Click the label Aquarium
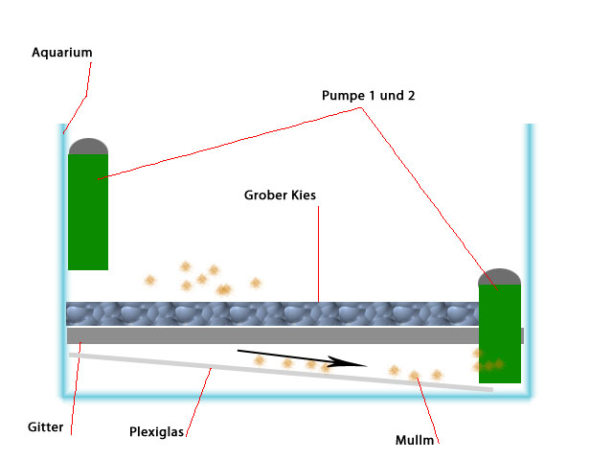pos(62,52)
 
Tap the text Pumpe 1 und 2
pos(368,95)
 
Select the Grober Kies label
pos(280,195)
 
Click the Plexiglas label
pos(156,431)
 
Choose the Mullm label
pos(415,441)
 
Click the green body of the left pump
pos(88,216)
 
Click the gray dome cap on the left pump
pos(88,147)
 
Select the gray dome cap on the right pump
pos(499,277)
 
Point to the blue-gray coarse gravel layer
pos(268,314)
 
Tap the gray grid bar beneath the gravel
pos(268,335)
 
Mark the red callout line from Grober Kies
pos(318,249)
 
